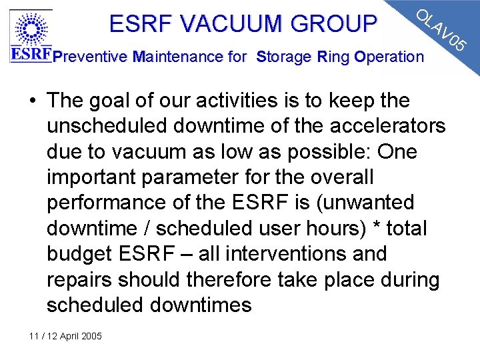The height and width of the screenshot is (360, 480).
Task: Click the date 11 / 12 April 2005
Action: [65, 336]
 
